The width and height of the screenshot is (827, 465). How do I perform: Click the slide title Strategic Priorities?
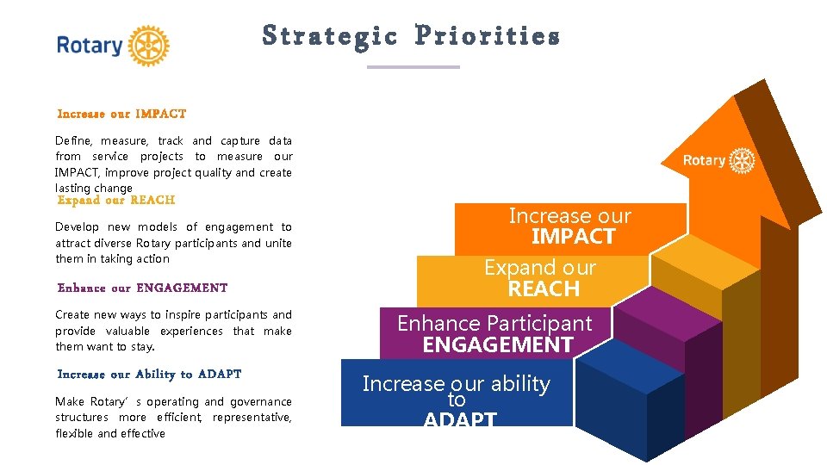[411, 36]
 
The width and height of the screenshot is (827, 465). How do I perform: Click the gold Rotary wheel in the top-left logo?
[148, 46]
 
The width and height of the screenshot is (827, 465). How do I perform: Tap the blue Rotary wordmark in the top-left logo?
[90, 46]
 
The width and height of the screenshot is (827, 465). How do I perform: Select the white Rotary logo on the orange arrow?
[718, 161]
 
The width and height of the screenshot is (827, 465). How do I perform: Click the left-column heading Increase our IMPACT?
[121, 114]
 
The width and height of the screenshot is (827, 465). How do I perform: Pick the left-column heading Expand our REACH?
[115, 200]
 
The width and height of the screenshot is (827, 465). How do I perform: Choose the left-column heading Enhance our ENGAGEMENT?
[142, 288]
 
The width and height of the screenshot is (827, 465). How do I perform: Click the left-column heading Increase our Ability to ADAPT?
[149, 374]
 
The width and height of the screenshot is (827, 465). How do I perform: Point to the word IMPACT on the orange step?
[573, 237]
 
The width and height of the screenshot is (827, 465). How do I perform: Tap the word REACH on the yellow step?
[544, 289]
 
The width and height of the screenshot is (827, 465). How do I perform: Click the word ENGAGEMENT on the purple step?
[497, 345]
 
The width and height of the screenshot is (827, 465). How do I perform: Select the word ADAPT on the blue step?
[460, 419]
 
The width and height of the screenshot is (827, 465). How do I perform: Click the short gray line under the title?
[413, 66]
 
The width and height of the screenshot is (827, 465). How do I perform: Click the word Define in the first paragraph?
[72, 140]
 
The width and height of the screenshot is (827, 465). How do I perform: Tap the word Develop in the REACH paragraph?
[78, 227]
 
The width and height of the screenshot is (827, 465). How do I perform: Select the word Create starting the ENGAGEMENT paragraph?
[73, 315]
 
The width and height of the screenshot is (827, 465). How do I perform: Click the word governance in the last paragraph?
[260, 402]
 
